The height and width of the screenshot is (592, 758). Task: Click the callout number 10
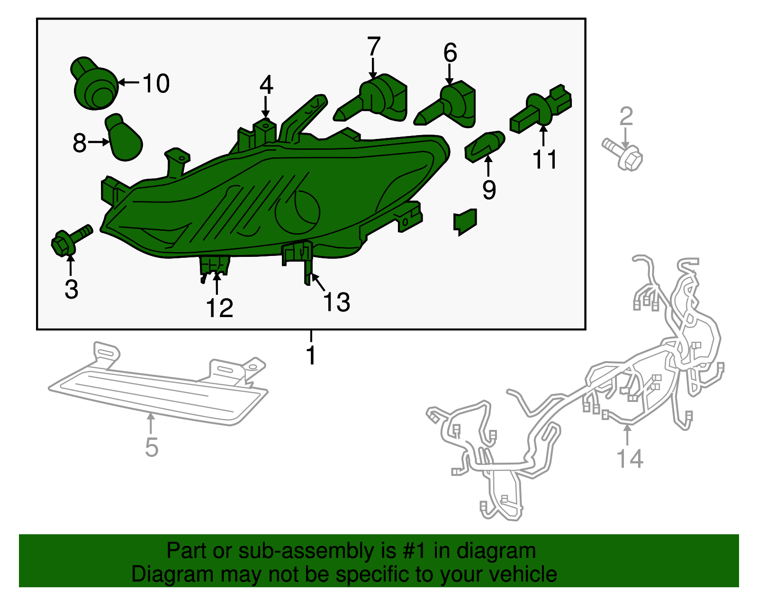tap(156, 83)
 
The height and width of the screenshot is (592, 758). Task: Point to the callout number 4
tap(266, 85)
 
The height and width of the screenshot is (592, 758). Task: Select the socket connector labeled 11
tap(542, 109)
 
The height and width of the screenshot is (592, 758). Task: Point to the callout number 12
tap(219, 308)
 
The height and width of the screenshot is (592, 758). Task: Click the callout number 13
tap(336, 302)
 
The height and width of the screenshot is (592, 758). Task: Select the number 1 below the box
tap(311, 355)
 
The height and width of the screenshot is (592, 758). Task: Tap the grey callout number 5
tap(151, 447)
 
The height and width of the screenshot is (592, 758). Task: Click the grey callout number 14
tap(630, 458)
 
